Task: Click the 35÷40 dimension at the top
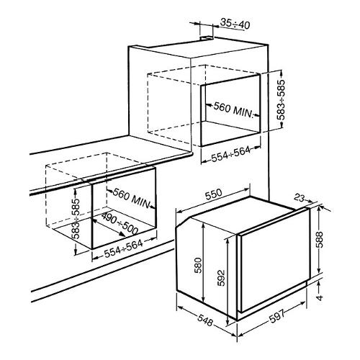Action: [235, 24]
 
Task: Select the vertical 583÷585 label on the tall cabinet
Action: [281, 99]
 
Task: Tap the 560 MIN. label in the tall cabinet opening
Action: [233, 109]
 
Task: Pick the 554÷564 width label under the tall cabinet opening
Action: [230, 154]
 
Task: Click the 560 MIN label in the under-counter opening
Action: [132, 198]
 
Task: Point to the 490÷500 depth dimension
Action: [120, 223]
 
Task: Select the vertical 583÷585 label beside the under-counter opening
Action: [76, 218]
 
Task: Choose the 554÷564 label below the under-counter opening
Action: [124, 248]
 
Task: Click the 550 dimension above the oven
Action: [213, 194]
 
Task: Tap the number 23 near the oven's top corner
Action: [299, 198]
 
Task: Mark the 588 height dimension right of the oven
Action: [319, 240]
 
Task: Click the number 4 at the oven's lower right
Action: [320, 297]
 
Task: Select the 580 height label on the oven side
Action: [198, 266]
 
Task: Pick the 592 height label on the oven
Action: [221, 279]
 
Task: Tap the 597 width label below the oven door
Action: [276, 316]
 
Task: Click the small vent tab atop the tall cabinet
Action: [207, 37]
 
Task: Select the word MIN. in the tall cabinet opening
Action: [243, 112]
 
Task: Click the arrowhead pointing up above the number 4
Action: [319, 284]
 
